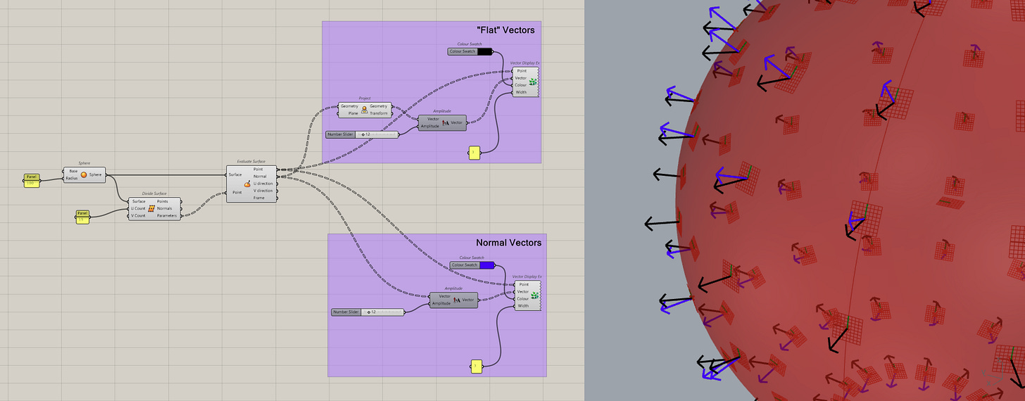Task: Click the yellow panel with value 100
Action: [x=31, y=180]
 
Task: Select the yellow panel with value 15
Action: [x=82, y=217]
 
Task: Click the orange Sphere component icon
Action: [x=84, y=174]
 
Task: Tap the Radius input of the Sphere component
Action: [x=73, y=179]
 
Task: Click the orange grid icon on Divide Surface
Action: [x=151, y=208]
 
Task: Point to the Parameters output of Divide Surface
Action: [x=168, y=216]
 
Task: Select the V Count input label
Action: [x=138, y=216]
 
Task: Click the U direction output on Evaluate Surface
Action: [x=263, y=184]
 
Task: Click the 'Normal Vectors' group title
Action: [x=508, y=243]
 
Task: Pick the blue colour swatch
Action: [x=486, y=265]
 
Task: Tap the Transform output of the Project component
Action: [x=379, y=113]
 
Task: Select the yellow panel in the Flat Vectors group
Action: [x=474, y=152]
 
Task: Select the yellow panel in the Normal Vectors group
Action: [x=476, y=366]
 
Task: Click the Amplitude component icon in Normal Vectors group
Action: [x=455, y=300]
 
